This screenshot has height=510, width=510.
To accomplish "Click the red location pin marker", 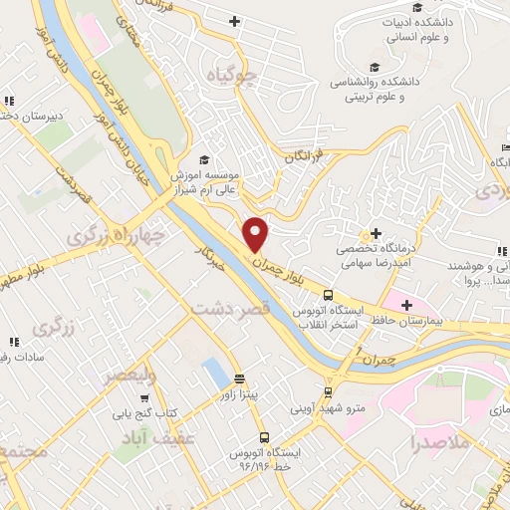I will pyautogui.click(x=257, y=233).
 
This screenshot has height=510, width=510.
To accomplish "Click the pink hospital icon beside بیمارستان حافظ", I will pyautogui.click(x=405, y=304).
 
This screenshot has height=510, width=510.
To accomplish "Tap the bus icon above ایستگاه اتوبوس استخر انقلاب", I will pyautogui.click(x=327, y=295).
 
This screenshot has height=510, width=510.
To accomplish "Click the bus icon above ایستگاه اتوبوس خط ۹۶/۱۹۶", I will pyautogui.click(x=264, y=436).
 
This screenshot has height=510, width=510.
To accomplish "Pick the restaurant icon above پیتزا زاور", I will pyautogui.click(x=239, y=378).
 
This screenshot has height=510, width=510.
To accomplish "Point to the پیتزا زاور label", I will pyautogui.click(x=239, y=394).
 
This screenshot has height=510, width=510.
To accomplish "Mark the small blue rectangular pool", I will pyautogui.click(x=213, y=373).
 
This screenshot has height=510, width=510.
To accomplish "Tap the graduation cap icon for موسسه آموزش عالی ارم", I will pyautogui.click(x=203, y=160).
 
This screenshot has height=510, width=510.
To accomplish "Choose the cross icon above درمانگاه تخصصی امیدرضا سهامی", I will pyautogui.click(x=375, y=232).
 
